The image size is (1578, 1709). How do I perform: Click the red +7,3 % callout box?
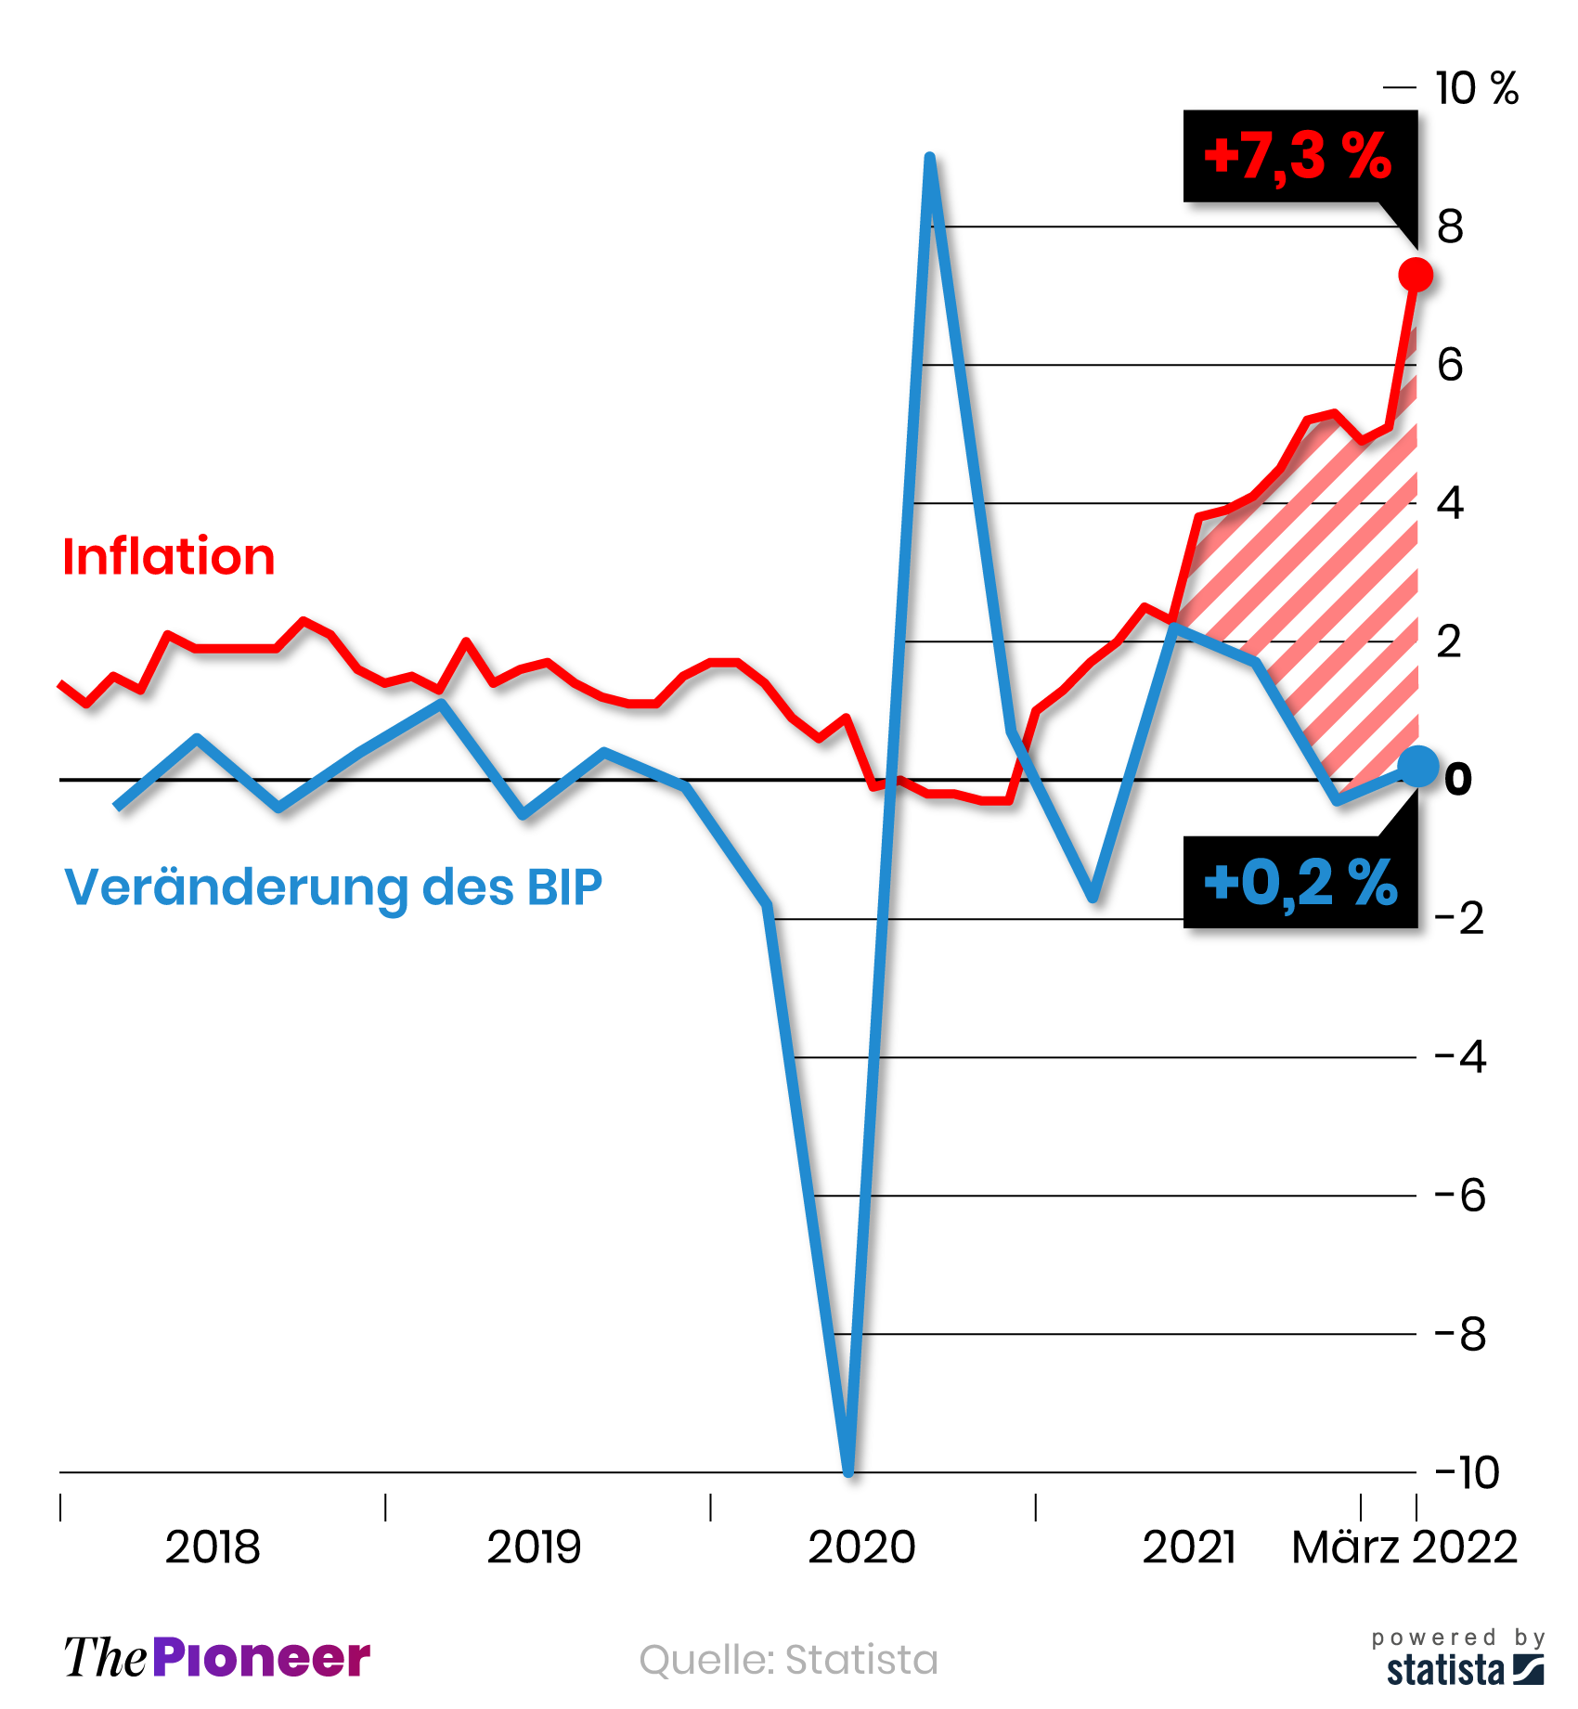point(1299,156)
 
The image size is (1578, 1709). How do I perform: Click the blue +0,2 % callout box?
point(1299,882)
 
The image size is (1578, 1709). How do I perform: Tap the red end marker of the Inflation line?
point(1416,275)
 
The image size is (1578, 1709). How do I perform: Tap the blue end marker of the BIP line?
point(1417,766)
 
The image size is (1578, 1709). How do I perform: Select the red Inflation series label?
point(168,557)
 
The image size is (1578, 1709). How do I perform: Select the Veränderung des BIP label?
point(333,887)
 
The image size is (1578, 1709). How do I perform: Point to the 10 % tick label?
point(1476,89)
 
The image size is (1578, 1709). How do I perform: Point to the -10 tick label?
point(1467,1472)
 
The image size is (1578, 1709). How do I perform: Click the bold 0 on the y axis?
point(1458,779)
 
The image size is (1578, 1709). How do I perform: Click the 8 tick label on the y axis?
point(1450,227)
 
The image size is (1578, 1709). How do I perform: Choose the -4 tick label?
point(1461,1057)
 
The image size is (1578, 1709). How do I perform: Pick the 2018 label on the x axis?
point(213,1547)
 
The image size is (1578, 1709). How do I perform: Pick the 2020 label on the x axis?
point(861,1547)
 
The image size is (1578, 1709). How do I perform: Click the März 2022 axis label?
point(1404,1547)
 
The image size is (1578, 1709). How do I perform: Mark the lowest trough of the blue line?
point(848,1469)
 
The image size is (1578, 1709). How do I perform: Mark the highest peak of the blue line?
point(929,160)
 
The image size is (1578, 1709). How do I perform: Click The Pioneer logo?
point(217,1658)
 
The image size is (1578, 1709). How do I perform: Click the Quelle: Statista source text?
point(788,1660)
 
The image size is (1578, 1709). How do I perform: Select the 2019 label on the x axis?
point(534,1547)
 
